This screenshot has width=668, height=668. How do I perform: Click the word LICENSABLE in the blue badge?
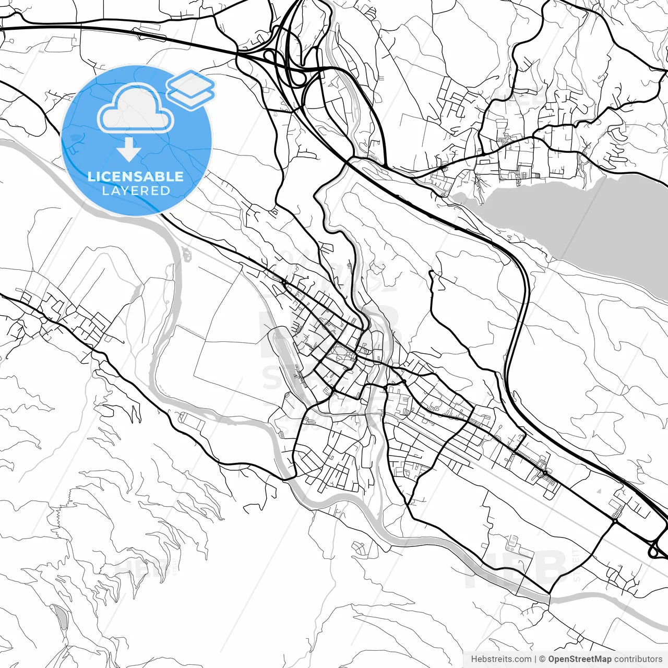tap(136, 176)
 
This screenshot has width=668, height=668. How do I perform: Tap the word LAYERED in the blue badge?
tap(136, 190)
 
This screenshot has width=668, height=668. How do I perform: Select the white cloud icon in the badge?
tap(136, 109)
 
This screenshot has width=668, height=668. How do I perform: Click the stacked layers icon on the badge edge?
tap(191, 89)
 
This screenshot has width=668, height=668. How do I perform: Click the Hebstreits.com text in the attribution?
tap(501, 659)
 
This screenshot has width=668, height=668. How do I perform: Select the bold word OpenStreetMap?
tap(579, 659)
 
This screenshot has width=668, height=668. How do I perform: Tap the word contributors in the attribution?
tap(638, 659)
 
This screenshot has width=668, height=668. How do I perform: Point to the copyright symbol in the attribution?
tap(543, 659)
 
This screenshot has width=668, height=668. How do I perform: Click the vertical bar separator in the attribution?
tap(536, 659)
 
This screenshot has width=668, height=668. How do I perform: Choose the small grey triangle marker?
tap(599, 491)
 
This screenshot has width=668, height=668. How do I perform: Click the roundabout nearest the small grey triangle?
tap(615, 520)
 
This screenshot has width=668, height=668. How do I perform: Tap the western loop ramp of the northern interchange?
tap(270, 56)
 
